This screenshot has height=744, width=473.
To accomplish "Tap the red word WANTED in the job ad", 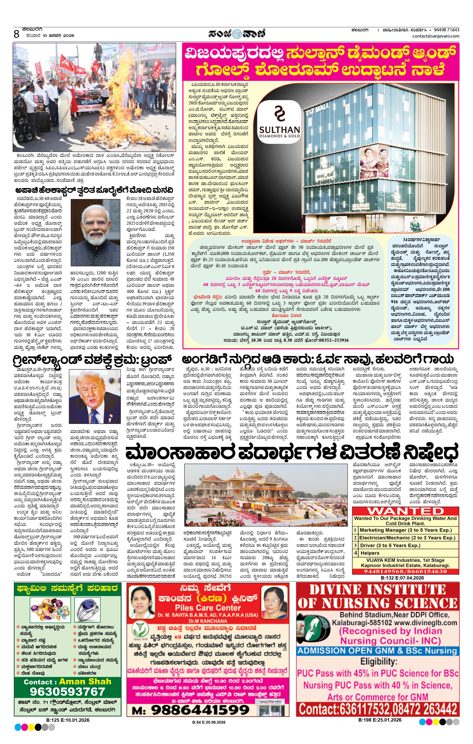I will (405, 511).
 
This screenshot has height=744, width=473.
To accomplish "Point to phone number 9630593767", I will (67, 691).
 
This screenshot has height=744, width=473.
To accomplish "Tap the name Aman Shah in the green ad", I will (85, 682).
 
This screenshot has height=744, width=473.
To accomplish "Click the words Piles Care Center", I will (208, 608).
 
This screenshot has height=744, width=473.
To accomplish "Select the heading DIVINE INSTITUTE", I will (377, 590).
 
